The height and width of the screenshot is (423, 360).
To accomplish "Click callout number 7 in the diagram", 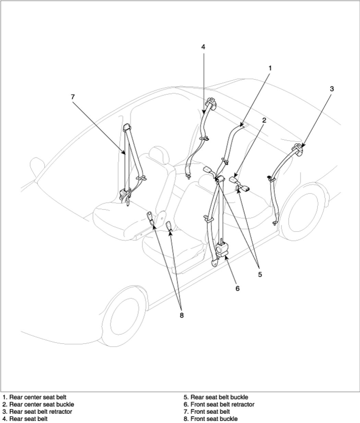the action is coord(73,97).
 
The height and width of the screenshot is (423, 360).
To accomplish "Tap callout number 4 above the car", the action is coord(203,47).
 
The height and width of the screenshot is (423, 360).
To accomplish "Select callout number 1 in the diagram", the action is coord(270,68).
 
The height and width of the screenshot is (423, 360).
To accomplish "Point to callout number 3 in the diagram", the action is coord(332,89).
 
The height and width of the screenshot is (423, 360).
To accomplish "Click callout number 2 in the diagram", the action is coord(264,120).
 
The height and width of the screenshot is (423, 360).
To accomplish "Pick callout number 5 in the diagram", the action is coord(260,275).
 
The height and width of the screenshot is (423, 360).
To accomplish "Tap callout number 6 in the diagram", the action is coord(237,289).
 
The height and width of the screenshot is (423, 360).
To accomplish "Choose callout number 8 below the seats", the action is coord(182,315).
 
